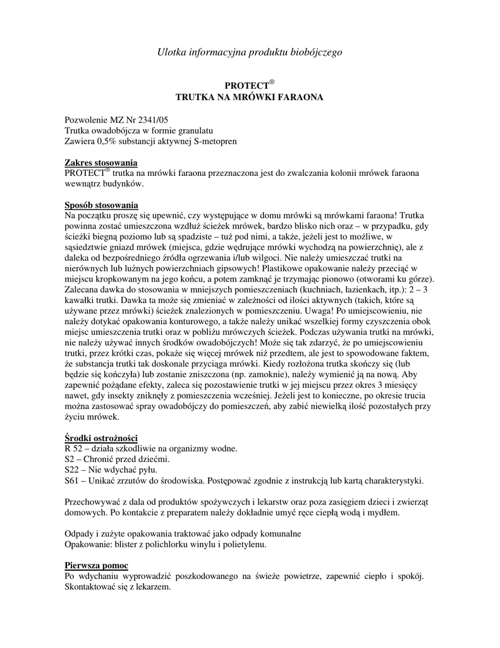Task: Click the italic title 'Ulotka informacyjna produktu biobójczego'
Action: coord(250,53)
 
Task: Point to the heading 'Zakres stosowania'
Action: coord(101,163)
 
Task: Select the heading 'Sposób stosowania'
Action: coord(102,205)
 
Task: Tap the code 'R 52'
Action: coord(75,449)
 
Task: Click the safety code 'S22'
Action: coord(73,470)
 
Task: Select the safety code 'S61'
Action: coord(73,481)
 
